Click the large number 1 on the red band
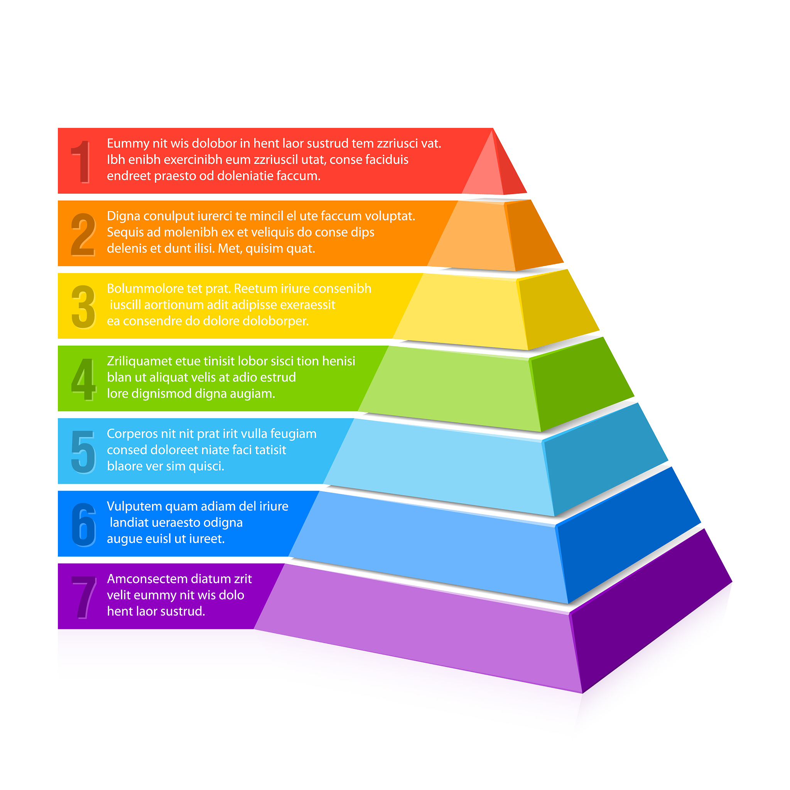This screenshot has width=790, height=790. pos(82,162)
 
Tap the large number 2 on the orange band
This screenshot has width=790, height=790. pos(83,234)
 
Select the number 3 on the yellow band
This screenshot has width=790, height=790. pos(83,307)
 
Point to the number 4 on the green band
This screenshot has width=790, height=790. pos(84,379)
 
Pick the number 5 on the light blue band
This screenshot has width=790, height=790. pos(83,452)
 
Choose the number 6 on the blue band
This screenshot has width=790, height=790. pos(84,525)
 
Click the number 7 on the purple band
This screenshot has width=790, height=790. pos(84,597)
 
